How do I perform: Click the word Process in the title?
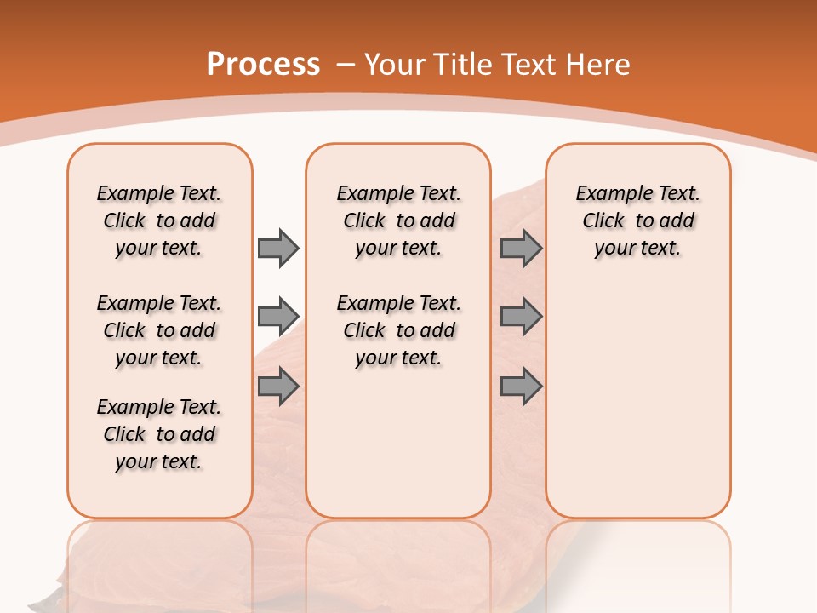click(x=263, y=65)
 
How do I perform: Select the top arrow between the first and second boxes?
click(x=278, y=248)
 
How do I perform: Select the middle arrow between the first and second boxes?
click(x=278, y=317)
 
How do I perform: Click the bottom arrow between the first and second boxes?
click(x=278, y=387)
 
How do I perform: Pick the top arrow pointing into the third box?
click(x=521, y=248)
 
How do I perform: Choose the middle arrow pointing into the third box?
click(x=521, y=317)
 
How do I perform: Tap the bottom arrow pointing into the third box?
click(x=521, y=387)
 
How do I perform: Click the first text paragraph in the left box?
click(x=159, y=221)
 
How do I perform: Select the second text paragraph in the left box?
click(x=159, y=330)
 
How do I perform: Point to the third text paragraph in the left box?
click(x=159, y=434)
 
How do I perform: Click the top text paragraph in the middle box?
click(x=398, y=221)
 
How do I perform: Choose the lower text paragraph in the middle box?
click(x=398, y=330)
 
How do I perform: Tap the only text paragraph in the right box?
click(x=637, y=221)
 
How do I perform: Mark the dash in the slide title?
click(x=346, y=65)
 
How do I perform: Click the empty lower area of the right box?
click(x=637, y=400)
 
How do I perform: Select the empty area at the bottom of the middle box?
click(x=398, y=451)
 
